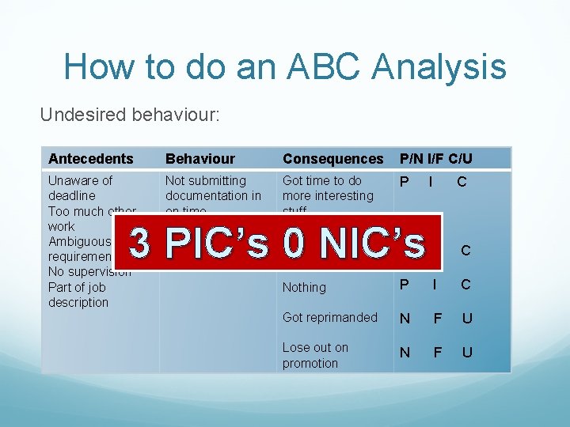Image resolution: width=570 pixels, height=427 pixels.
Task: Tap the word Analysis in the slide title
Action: pos(431,66)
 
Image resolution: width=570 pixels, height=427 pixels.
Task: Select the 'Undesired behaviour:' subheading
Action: pos(130,115)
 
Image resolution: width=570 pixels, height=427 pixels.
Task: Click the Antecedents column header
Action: pos(90,159)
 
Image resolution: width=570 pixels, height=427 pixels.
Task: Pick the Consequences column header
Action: pos(332,159)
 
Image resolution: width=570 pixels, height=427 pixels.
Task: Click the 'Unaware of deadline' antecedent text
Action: pos(80,187)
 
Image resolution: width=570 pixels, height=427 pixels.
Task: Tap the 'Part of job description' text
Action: pos(78,294)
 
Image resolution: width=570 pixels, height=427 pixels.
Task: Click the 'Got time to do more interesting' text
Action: pos(328,188)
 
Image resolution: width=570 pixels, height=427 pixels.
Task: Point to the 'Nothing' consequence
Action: pos(304,288)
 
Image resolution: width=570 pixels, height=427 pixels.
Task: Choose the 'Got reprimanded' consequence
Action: pos(330,317)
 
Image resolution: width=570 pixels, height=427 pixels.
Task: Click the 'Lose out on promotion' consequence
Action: pos(315,355)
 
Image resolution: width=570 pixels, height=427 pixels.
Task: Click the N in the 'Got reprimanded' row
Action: pos(405,318)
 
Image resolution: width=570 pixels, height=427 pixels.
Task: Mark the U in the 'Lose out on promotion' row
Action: pos(467,353)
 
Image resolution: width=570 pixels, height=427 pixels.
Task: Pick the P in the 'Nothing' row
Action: pos(405,285)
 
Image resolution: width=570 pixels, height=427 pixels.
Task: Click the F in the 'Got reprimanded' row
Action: pos(436,318)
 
